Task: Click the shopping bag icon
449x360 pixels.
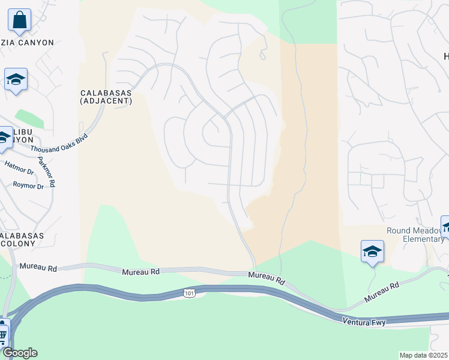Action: pos(19,19)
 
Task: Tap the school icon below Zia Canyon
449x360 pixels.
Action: pos(16,79)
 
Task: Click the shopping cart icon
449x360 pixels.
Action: pos(2,334)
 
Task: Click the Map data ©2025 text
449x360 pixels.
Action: pos(424,355)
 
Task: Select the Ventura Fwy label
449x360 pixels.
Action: pos(364,322)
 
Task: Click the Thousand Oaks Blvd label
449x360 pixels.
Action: pos(59,142)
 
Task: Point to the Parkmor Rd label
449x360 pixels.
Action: pos(46,172)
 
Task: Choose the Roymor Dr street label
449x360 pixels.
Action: pos(28,186)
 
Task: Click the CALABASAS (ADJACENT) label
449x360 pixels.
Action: pos(106,97)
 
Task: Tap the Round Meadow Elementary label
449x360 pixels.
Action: pos(415,235)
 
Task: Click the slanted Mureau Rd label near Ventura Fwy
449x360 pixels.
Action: pos(382,292)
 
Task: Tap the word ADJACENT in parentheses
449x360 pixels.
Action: pos(106,101)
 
